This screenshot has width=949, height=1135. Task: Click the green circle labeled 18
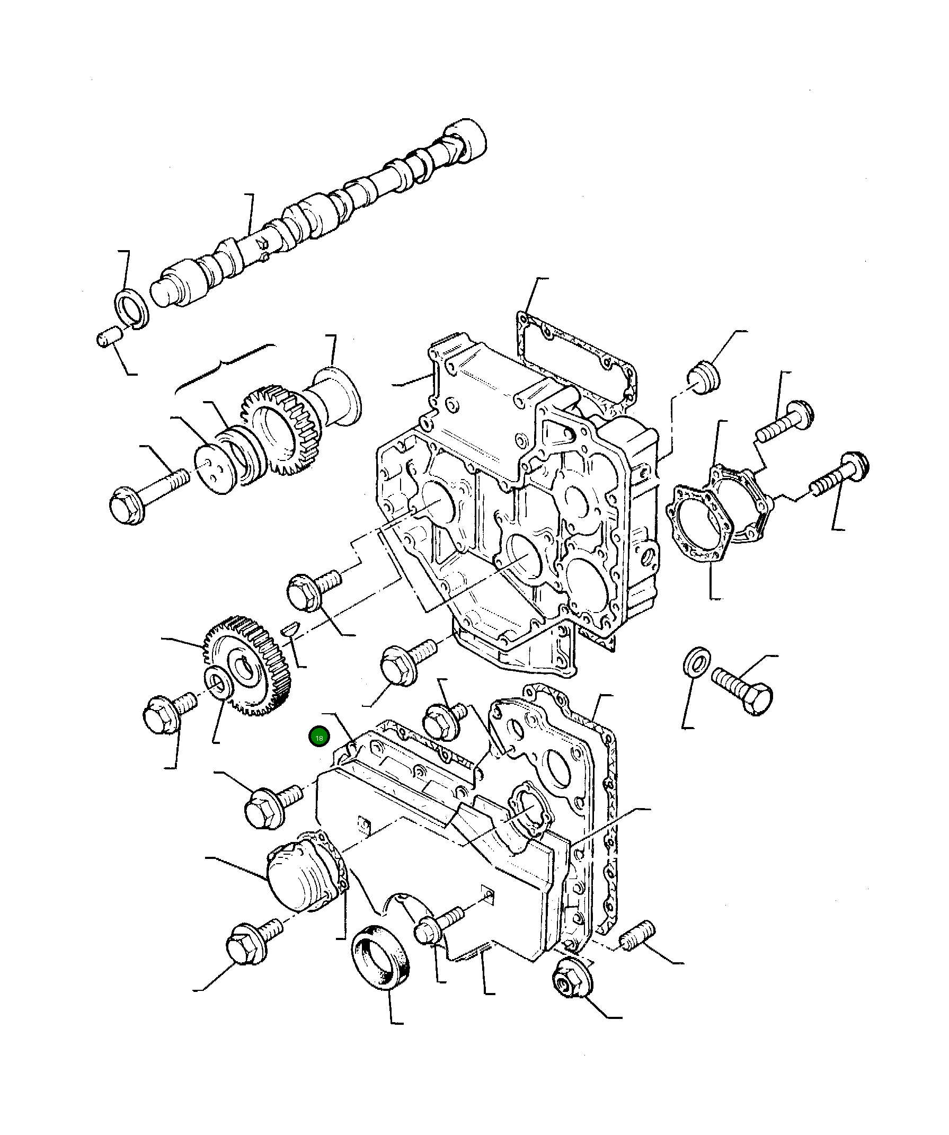tap(319, 737)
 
